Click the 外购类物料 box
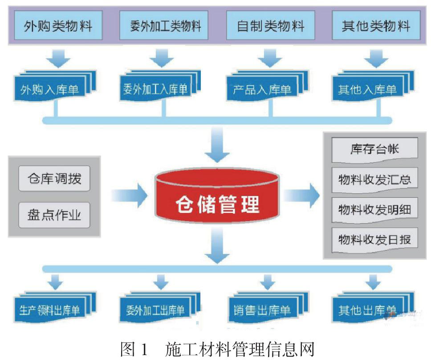click(x=58, y=25)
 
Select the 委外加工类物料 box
click(x=164, y=25)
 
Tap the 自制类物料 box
click(x=270, y=25)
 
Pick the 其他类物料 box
click(x=376, y=25)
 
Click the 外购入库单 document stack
click(x=55, y=86)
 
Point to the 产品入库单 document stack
click(x=268, y=86)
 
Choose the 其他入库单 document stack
click(x=373, y=86)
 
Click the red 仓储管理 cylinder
click(x=217, y=196)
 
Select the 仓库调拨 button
click(x=54, y=179)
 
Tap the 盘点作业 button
click(x=54, y=215)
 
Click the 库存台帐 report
click(x=374, y=150)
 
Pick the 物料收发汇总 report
click(x=374, y=180)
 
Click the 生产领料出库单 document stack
click(x=55, y=307)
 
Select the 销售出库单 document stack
click(x=268, y=307)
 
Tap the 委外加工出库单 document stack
click(x=160, y=307)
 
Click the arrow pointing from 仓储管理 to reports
click(x=302, y=196)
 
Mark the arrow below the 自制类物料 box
click(x=270, y=58)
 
